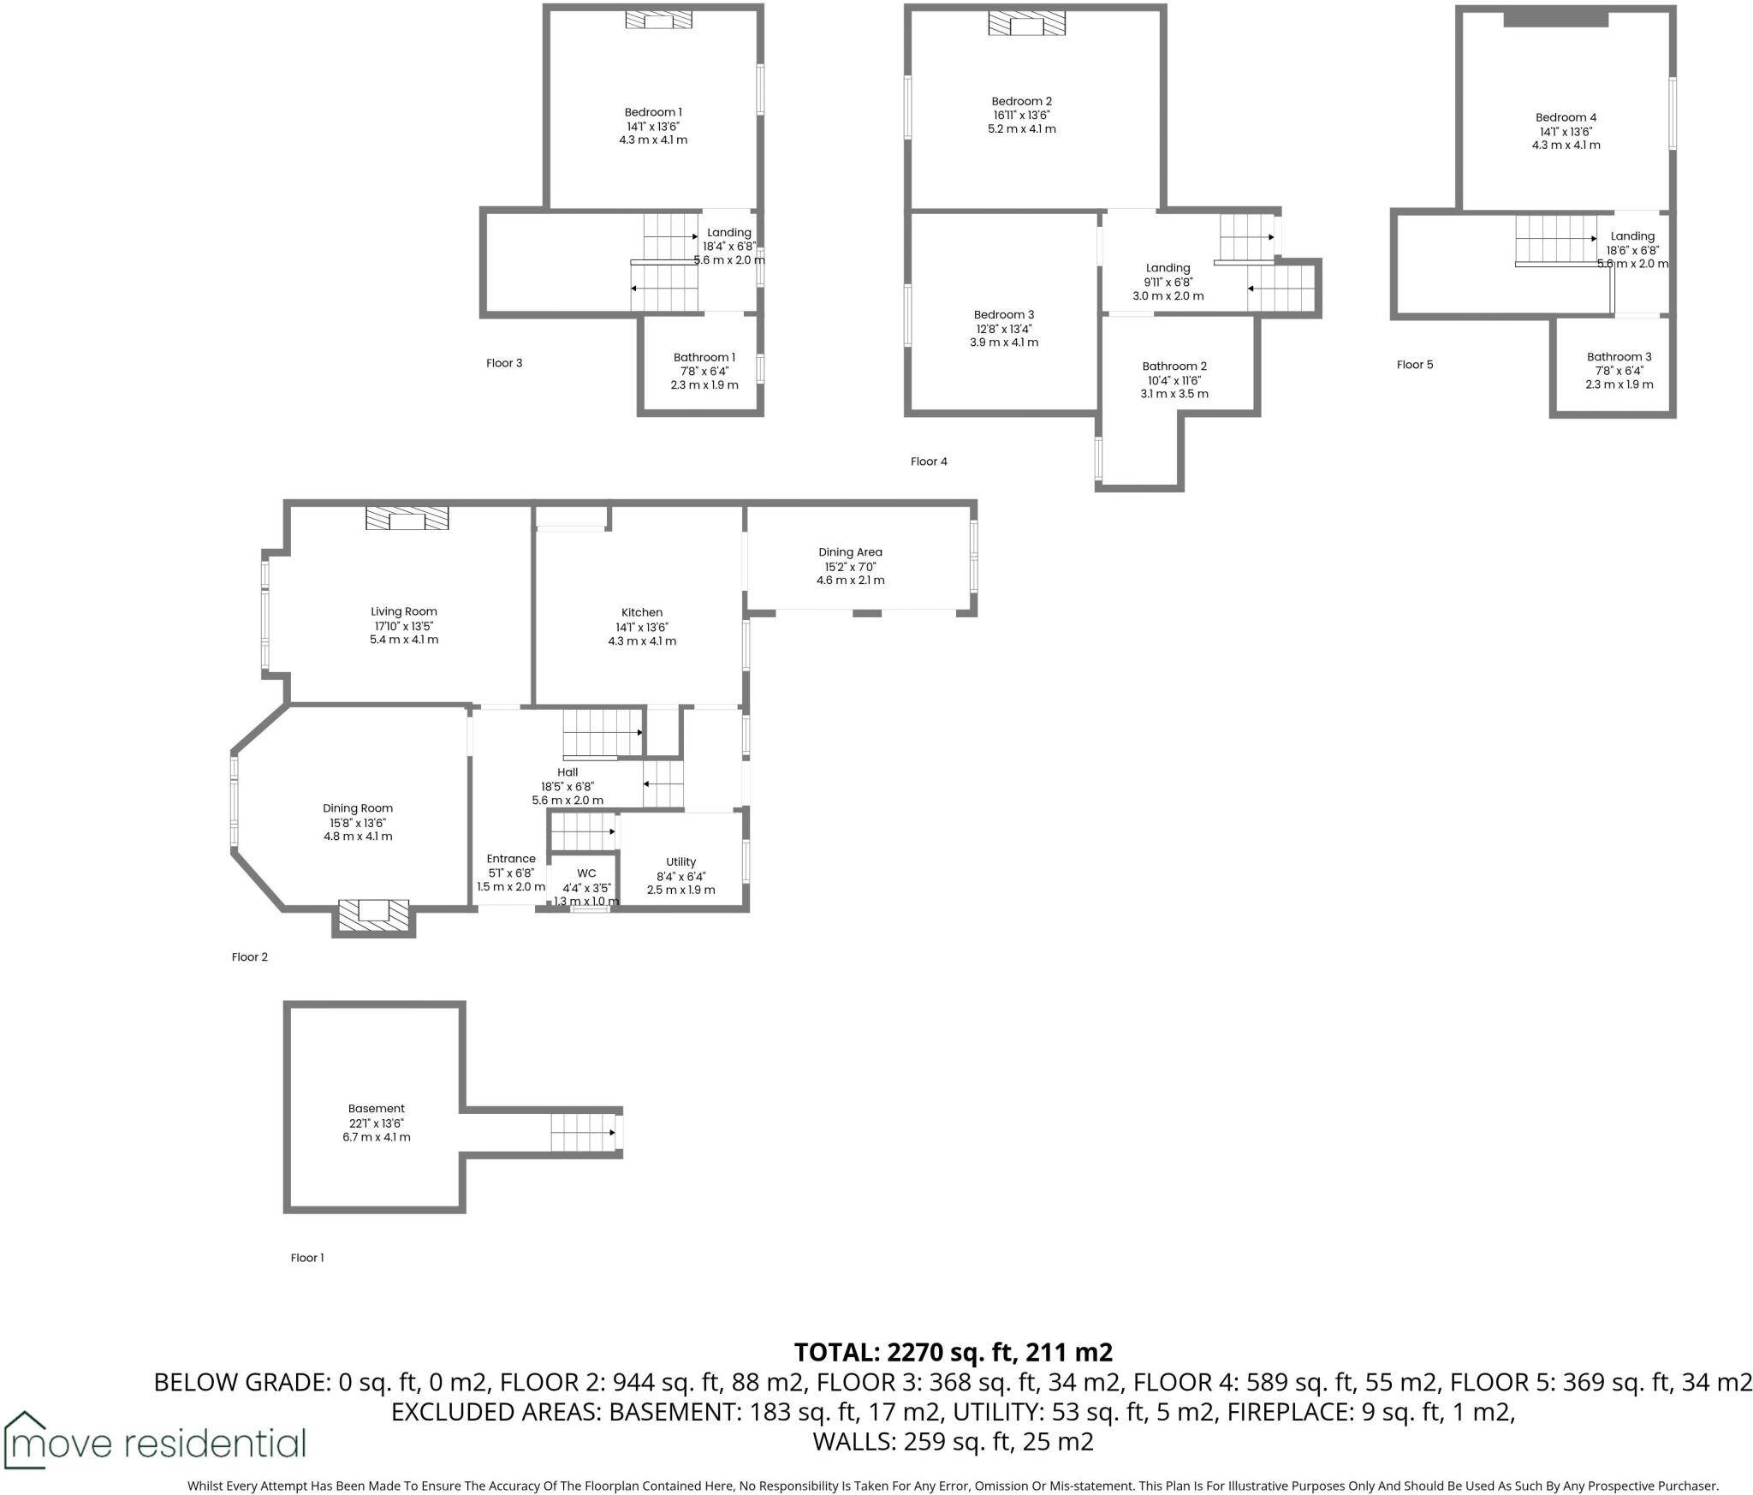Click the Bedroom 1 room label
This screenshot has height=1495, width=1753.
pos(653,112)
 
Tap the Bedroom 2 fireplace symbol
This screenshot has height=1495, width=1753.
pos(1026,24)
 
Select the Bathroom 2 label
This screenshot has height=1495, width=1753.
pos(1174,366)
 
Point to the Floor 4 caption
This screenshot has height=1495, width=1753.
pos(929,462)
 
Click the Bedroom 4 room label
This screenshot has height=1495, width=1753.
pos(1566,118)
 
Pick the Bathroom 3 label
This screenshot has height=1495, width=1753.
pos(1619,357)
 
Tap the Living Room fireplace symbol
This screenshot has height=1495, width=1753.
pos(407,519)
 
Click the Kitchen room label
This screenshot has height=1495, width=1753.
pos(642,613)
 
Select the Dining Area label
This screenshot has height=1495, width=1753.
pos(850,553)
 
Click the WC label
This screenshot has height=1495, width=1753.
pos(586,873)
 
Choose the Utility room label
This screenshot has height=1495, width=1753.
pos(680,862)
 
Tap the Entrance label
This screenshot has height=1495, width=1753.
pos(511,859)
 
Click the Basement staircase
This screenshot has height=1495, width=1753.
pos(583,1132)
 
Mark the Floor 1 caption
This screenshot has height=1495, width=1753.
pos(307,1258)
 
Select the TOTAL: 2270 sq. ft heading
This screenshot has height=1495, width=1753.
pos(953,1353)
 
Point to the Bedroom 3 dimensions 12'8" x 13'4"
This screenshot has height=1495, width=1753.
pos(1003,329)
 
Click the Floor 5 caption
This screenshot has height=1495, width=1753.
pos(1414,365)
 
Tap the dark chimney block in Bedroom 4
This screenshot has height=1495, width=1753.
pos(1555,19)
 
